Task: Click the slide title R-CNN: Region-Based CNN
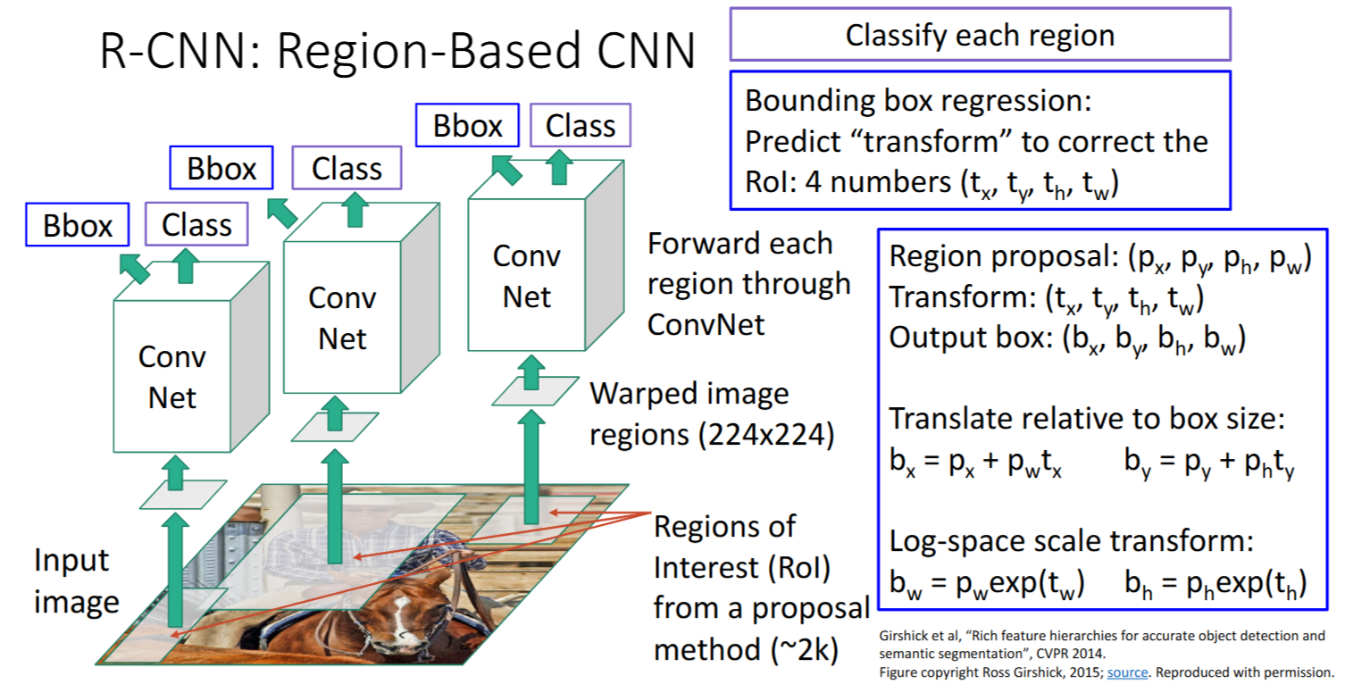[x=397, y=52]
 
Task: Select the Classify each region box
[x=980, y=36]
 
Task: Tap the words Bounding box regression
[x=918, y=101]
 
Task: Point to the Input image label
[x=77, y=580]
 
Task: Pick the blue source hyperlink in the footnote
[x=1127, y=671]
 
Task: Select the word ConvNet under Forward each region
[x=706, y=323]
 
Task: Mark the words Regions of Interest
[x=723, y=546]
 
